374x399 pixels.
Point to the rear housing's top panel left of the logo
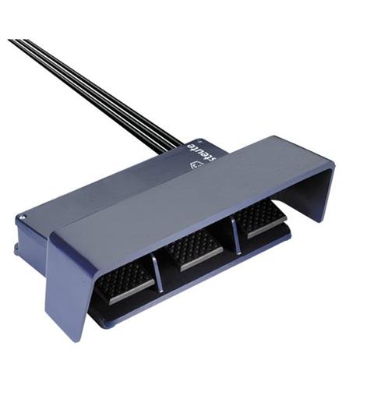(x=117, y=191)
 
